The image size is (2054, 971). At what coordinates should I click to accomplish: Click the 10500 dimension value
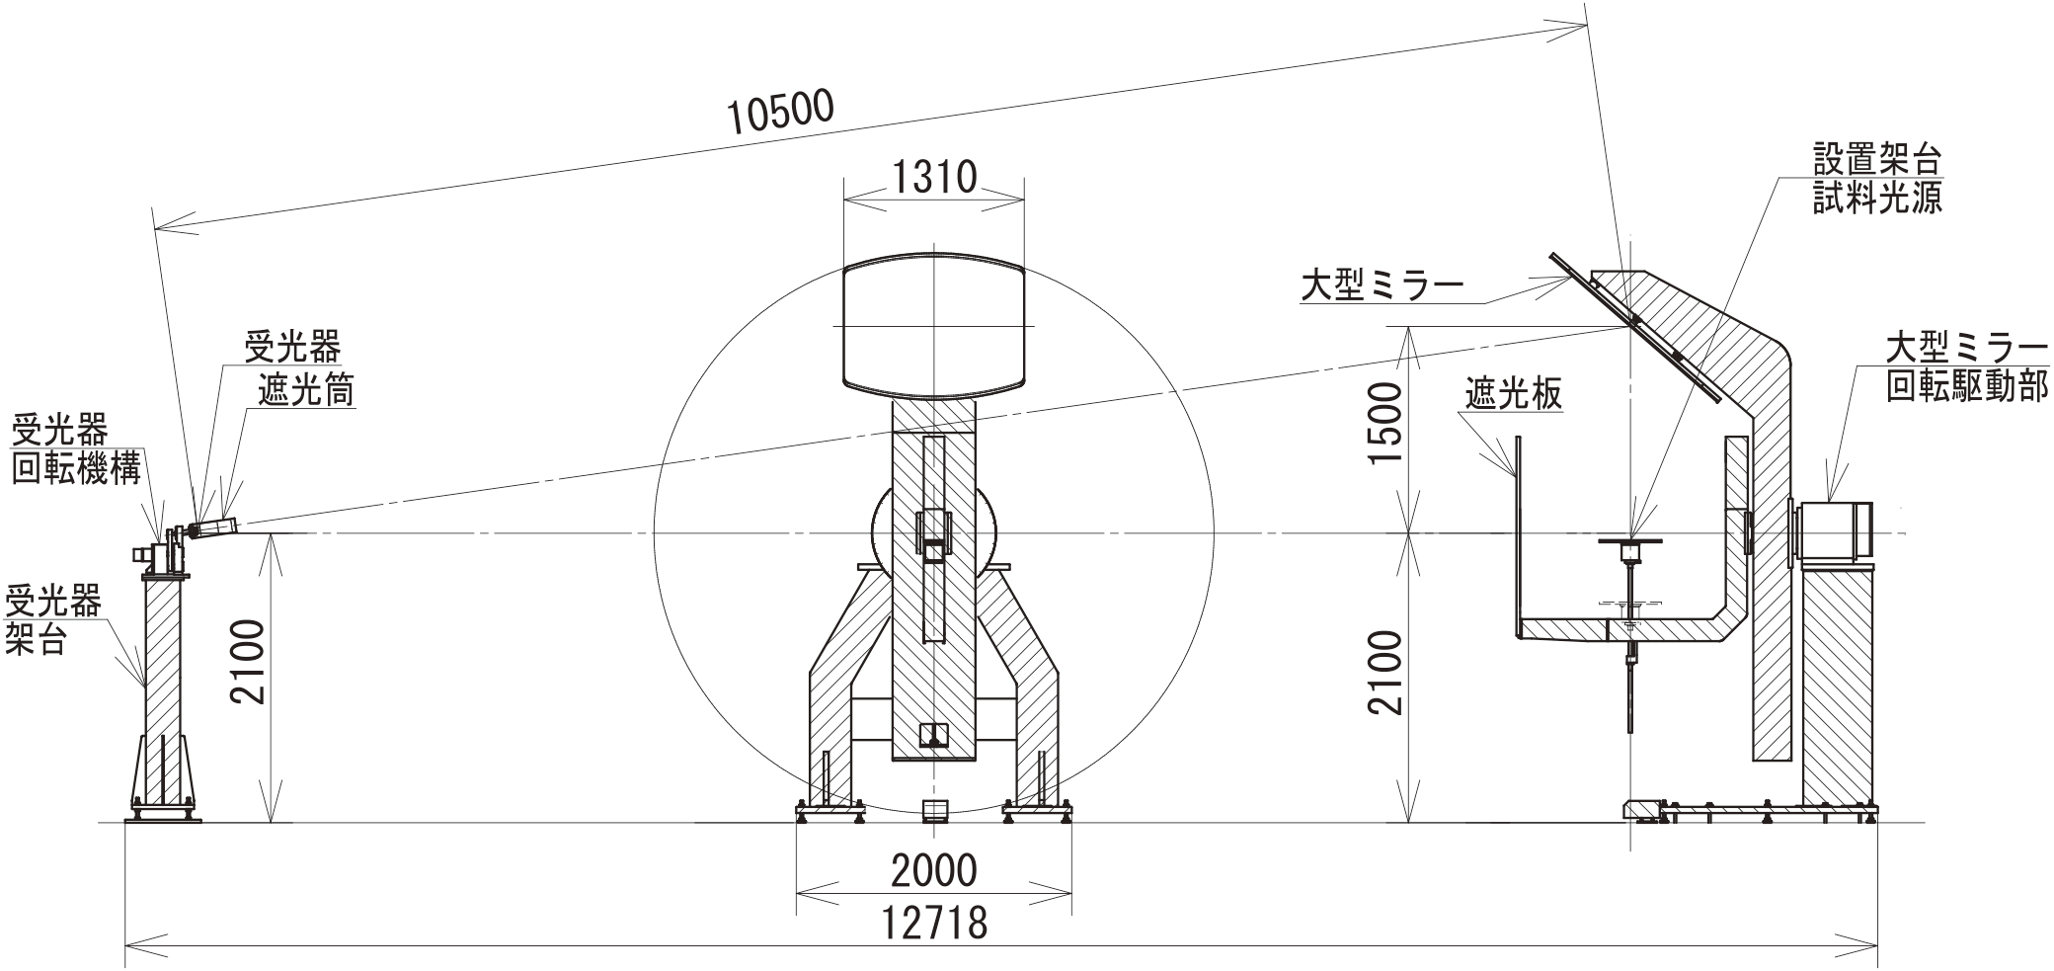click(x=781, y=111)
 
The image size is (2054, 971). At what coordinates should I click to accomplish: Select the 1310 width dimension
click(x=934, y=178)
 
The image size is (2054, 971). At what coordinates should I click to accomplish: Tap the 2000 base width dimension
click(x=934, y=870)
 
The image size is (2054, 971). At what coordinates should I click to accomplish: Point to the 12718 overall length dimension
click(x=934, y=923)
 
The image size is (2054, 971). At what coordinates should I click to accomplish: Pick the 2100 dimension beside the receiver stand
click(x=247, y=662)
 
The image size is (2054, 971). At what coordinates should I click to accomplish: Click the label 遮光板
click(x=1514, y=393)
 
